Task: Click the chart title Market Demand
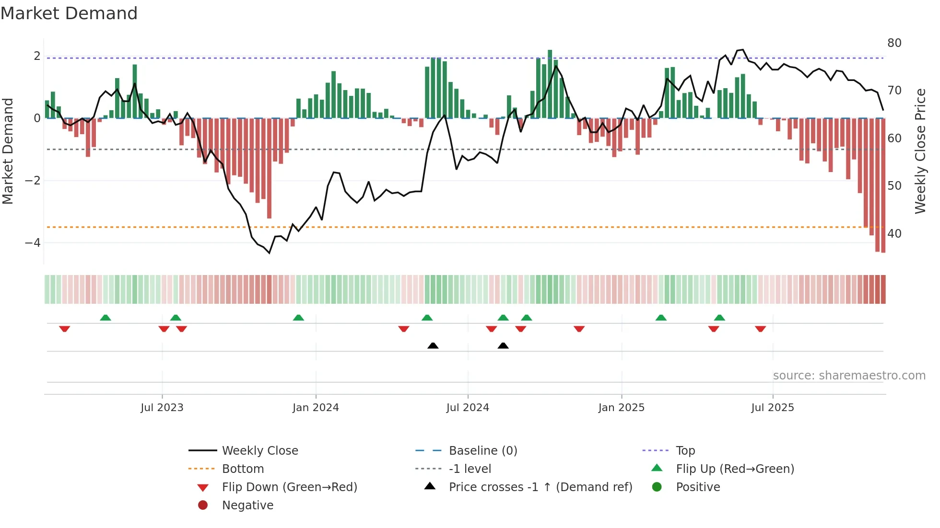[69, 13]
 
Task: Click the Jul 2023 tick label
[162, 407]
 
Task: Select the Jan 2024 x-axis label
[316, 407]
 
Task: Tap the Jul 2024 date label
[468, 407]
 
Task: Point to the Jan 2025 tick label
[622, 407]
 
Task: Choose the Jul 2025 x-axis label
[773, 407]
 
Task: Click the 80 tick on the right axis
[894, 43]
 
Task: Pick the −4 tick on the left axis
[33, 243]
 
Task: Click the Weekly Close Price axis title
[920, 151]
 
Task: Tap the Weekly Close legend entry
[260, 450]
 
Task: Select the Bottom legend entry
[243, 469]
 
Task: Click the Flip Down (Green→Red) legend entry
[289, 487]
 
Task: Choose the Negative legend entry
[247, 505]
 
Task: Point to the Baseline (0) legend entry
[483, 450]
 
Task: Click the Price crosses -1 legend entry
[540, 487]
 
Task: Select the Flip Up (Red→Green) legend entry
[735, 469]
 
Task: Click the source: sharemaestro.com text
[849, 375]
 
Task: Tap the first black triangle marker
[433, 345]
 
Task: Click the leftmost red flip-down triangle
[65, 329]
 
